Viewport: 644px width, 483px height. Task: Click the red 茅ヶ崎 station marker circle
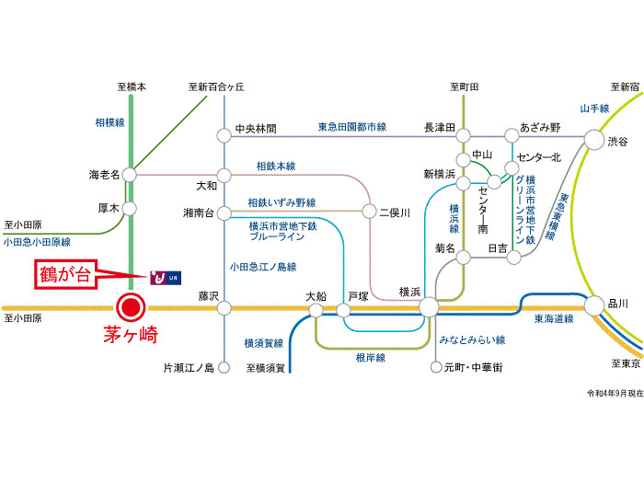pyautogui.click(x=130, y=307)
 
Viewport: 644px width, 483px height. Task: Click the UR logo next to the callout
pyautogui.click(x=161, y=275)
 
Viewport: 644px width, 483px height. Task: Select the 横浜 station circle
pyautogui.click(x=429, y=307)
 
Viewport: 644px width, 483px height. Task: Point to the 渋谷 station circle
pyautogui.click(x=592, y=141)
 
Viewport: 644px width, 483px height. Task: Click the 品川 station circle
pyautogui.click(x=592, y=305)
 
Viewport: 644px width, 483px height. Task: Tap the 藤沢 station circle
pyautogui.click(x=224, y=307)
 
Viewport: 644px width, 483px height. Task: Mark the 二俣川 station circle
pyautogui.click(x=372, y=213)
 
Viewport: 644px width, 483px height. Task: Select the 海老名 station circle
pyautogui.click(x=130, y=173)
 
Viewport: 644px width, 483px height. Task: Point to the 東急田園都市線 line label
pyautogui.click(x=352, y=127)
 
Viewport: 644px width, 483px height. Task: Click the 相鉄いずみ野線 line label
pyautogui.click(x=282, y=202)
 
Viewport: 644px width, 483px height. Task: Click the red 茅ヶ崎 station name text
pyautogui.click(x=131, y=336)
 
